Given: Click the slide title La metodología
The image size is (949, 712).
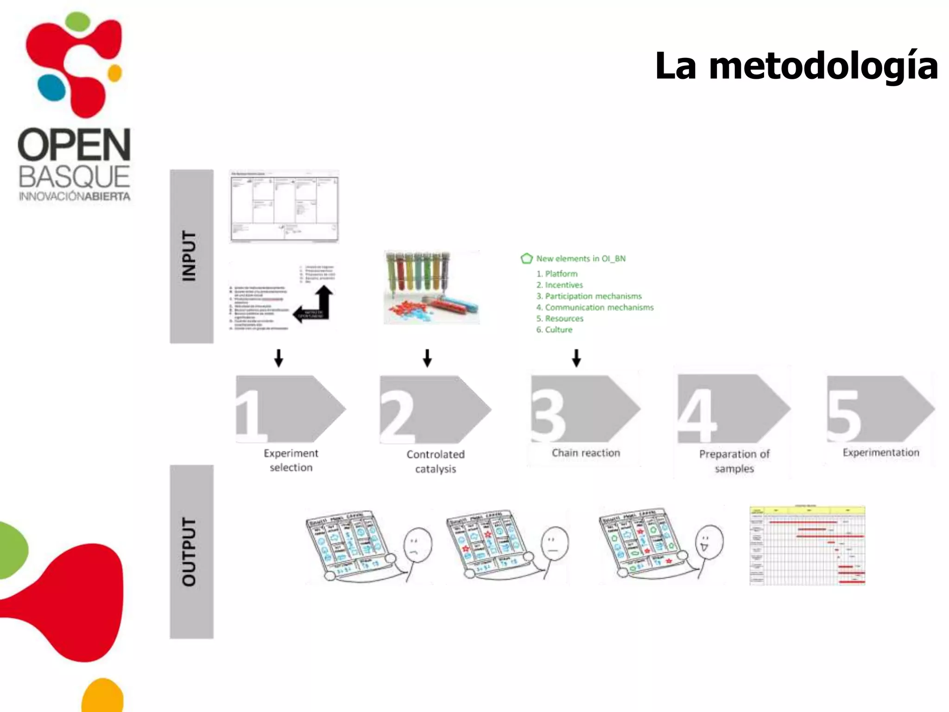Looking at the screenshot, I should pos(796,66).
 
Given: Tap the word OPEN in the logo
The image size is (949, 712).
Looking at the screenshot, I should pos(74,145).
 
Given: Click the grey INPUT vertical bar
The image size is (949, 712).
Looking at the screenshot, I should pos(191,256).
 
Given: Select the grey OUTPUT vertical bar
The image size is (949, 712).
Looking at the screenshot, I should pos(191,552).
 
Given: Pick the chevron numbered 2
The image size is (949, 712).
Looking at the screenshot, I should pos(434,409).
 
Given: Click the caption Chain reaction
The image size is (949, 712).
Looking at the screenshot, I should pos(586,453).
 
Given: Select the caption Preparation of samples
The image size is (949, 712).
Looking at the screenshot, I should pos(734,461).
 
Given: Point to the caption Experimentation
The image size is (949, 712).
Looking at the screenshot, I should pos(880,452).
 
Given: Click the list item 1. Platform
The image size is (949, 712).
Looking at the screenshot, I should pos(557,274).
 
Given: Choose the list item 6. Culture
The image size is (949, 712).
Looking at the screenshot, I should pos(554,330).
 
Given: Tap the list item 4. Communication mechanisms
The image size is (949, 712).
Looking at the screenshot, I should pos(595,307).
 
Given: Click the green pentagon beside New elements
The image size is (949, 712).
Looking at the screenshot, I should pos(526,259).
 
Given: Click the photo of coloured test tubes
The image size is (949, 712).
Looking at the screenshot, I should pos(432,287).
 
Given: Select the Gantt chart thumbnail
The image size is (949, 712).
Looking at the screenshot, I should pos(807,546).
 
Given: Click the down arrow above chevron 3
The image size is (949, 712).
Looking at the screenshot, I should pos(576,358).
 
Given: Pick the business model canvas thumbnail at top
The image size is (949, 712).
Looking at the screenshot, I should pos(284,206).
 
